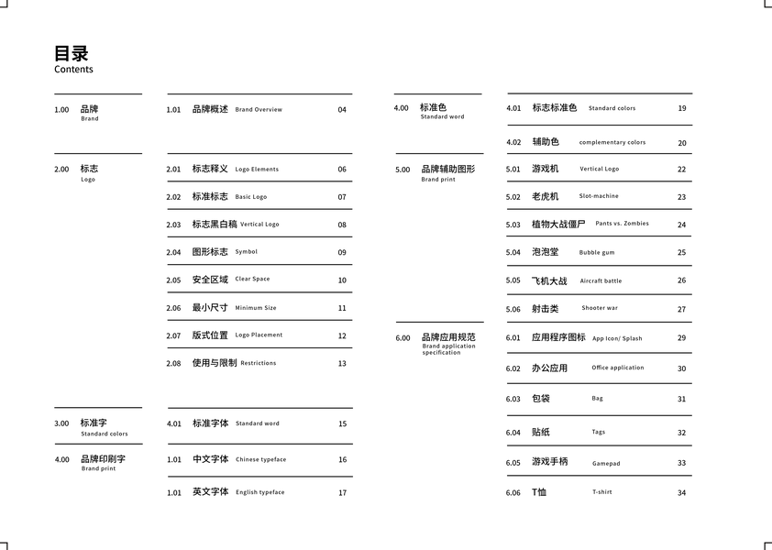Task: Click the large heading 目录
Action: (72, 53)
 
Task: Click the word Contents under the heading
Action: (73, 70)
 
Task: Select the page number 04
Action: (342, 110)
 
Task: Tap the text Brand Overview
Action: (259, 110)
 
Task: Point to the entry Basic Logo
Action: (251, 197)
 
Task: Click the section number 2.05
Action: (173, 280)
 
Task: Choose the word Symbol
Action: (247, 252)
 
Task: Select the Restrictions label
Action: (259, 363)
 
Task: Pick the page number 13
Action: (342, 364)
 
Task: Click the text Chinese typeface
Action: (260, 460)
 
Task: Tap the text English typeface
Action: (260, 492)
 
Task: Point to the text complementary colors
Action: (612, 143)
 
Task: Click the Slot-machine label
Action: (599, 196)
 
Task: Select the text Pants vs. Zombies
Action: (622, 224)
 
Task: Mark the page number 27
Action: (681, 310)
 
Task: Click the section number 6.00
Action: (403, 338)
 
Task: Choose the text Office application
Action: (618, 368)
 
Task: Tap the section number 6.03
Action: (513, 400)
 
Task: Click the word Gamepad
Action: (606, 464)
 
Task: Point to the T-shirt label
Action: (602, 492)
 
